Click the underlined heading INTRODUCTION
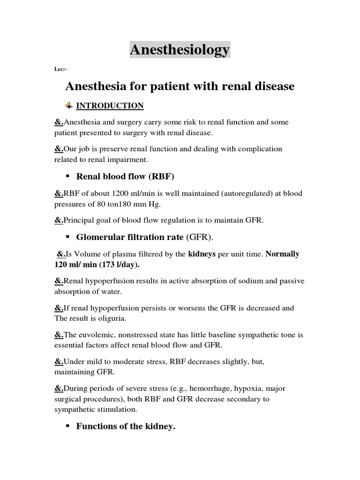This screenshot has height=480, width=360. point(110,106)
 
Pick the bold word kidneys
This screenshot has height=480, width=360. point(202,254)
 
